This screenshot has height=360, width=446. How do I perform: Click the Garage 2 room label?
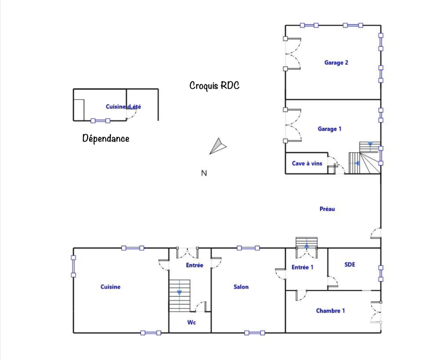point(336,63)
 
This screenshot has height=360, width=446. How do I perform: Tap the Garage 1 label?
point(330,129)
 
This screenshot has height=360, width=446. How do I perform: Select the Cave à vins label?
point(307,163)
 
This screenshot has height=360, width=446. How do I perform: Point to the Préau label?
point(327,209)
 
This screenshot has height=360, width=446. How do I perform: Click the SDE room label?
point(350,264)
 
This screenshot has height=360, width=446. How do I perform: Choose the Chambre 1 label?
point(330,311)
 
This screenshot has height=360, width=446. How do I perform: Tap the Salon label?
point(241,287)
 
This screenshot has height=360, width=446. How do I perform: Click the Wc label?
point(192,322)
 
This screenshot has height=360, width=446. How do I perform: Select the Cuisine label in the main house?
point(110,287)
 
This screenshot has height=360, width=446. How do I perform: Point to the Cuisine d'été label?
point(123,107)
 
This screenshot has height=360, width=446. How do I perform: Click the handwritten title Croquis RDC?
point(214,86)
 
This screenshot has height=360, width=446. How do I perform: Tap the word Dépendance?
point(106,139)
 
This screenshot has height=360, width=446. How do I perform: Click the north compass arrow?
point(217,146)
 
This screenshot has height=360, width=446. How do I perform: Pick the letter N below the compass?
point(204,173)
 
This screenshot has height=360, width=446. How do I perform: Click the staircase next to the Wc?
point(180,296)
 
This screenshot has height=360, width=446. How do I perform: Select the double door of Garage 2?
point(293,54)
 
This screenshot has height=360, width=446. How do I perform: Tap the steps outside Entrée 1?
point(306,242)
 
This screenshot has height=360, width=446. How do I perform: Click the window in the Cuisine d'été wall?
point(100,121)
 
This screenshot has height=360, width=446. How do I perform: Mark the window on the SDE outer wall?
point(381,273)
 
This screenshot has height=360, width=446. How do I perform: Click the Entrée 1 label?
point(302,267)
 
